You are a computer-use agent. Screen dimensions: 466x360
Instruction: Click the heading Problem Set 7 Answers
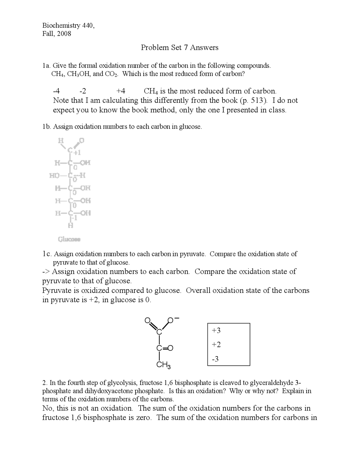(x=179, y=48)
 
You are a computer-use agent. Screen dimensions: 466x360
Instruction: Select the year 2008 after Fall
(x=64, y=34)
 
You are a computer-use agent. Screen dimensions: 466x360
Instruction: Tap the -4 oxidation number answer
(x=56, y=91)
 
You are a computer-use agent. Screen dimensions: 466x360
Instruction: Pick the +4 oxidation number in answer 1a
(x=121, y=91)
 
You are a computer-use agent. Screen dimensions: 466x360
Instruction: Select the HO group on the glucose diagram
(x=54, y=176)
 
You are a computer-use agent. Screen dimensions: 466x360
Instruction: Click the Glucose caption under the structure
(x=69, y=239)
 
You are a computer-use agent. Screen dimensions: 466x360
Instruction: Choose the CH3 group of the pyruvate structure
(x=163, y=365)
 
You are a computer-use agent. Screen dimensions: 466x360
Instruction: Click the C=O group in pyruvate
(x=165, y=348)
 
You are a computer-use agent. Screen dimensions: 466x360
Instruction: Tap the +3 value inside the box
(x=216, y=330)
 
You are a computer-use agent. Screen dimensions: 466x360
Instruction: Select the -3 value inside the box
(x=215, y=359)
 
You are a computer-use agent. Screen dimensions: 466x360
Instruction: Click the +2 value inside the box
(x=216, y=344)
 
